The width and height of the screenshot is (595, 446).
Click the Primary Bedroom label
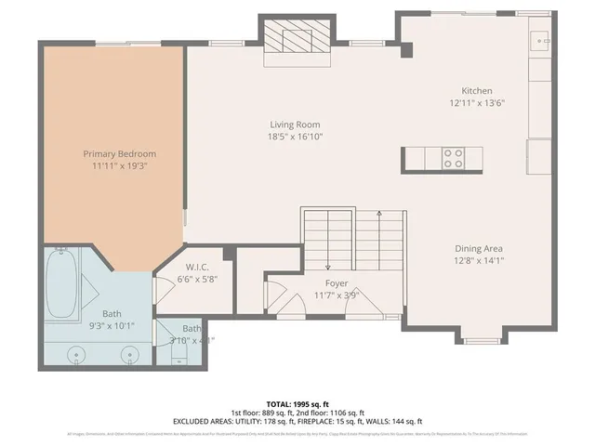coord(119,153)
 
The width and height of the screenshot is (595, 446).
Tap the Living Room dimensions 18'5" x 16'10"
coord(296,137)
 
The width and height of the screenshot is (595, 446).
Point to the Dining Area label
coord(479,248)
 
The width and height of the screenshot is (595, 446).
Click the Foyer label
coord(337,283)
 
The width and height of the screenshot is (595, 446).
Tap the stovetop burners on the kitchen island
coord(454,159)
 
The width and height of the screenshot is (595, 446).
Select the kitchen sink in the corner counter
coord(539,41)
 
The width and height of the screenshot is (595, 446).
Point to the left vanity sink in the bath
coord(77,353)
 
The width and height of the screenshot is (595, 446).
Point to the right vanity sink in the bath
coord(130,353)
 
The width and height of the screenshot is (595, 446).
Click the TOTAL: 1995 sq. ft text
coord(297,405)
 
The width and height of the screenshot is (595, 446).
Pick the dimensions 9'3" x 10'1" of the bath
coord(112,326)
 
